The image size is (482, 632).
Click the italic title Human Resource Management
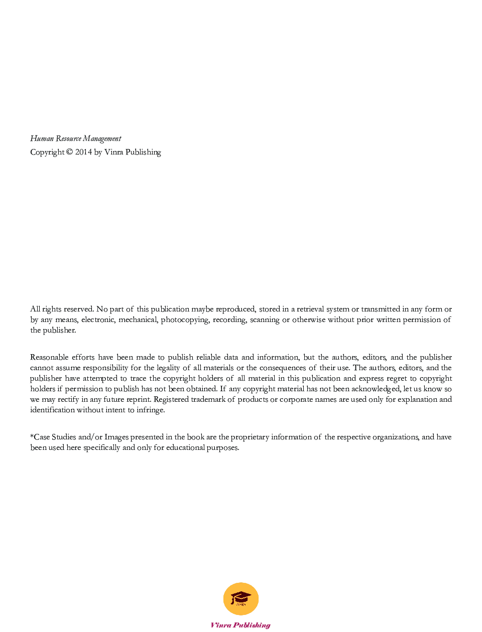click(75, 138)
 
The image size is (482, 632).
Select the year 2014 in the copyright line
click(83, 152)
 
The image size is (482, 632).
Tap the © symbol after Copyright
click(69, 152)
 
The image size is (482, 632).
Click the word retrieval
click(310, 309)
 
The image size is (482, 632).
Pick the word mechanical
click(138, 320)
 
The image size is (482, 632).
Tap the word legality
click(168, 368)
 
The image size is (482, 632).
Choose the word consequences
click(282, 368)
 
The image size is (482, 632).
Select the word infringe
click(150, 410)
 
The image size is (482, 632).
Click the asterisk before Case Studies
click(32, 436)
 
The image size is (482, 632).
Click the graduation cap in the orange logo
click(240, 597)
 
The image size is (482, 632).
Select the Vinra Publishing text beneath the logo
click(240, 625)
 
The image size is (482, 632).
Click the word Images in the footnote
click(116, 437)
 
